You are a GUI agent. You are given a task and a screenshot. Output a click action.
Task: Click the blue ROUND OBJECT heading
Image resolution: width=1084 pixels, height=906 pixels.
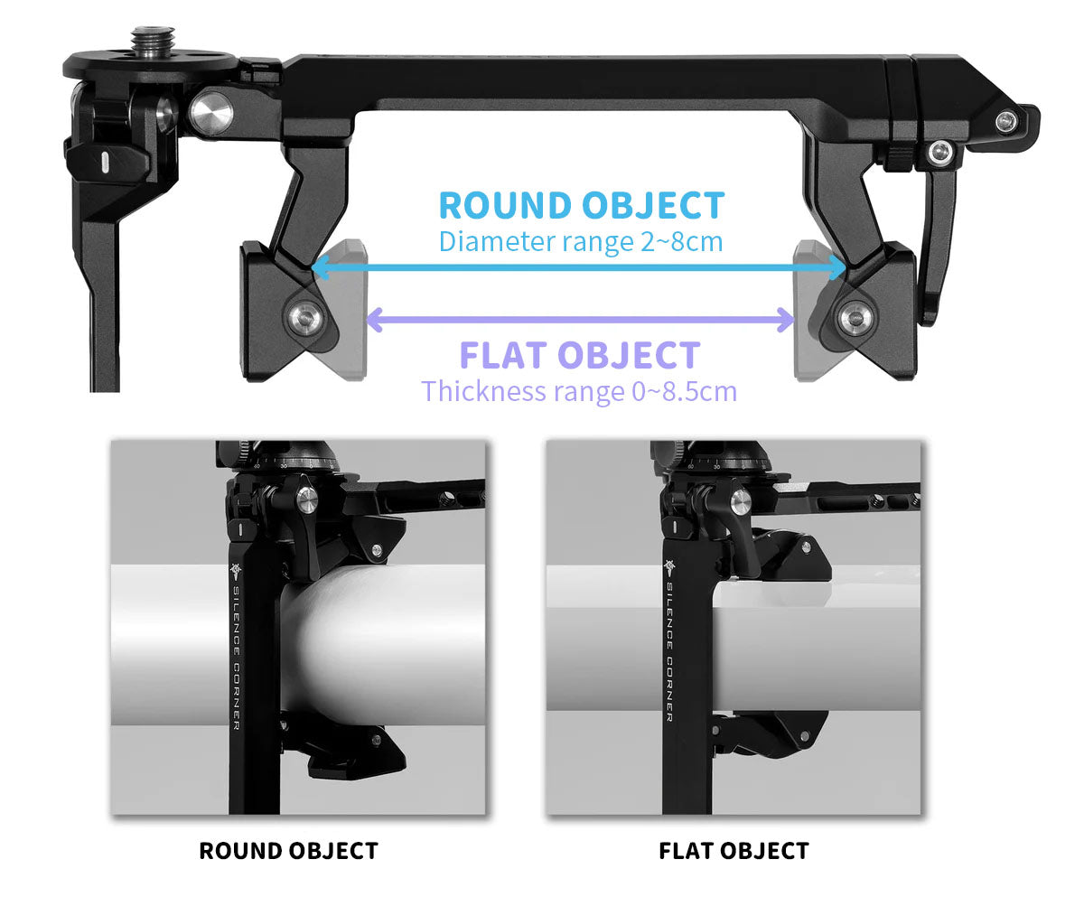(x=581, y=206)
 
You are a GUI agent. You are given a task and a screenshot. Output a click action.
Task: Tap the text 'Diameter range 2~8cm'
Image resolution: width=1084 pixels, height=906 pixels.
(x=581, y=242)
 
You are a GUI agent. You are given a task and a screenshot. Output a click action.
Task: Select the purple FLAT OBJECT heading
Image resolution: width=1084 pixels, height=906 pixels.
(x=580, y=355)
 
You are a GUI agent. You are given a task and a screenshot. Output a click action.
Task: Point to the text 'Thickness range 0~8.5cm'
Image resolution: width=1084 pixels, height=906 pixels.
(x=579, y=392)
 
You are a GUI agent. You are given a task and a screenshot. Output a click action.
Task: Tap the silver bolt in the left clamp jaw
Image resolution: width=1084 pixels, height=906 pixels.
(x=304, y=317)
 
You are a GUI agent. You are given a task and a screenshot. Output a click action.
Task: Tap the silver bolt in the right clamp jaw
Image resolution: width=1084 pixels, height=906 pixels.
(x=855, y=318)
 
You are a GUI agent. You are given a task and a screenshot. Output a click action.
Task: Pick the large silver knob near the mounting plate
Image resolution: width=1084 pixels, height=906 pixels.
(x=211, y=111)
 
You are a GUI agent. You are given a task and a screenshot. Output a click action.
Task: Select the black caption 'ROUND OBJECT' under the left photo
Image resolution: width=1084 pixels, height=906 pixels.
(x=288, y=851)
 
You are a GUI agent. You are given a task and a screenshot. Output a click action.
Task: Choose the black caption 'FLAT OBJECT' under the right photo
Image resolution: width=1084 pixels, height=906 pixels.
(x=734, y=851)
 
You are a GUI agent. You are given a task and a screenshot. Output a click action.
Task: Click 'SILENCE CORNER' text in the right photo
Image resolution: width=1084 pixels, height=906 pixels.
(x=669, y=650)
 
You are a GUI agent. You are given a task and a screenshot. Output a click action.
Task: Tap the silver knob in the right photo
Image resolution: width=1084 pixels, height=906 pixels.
(x=741, y=502)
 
